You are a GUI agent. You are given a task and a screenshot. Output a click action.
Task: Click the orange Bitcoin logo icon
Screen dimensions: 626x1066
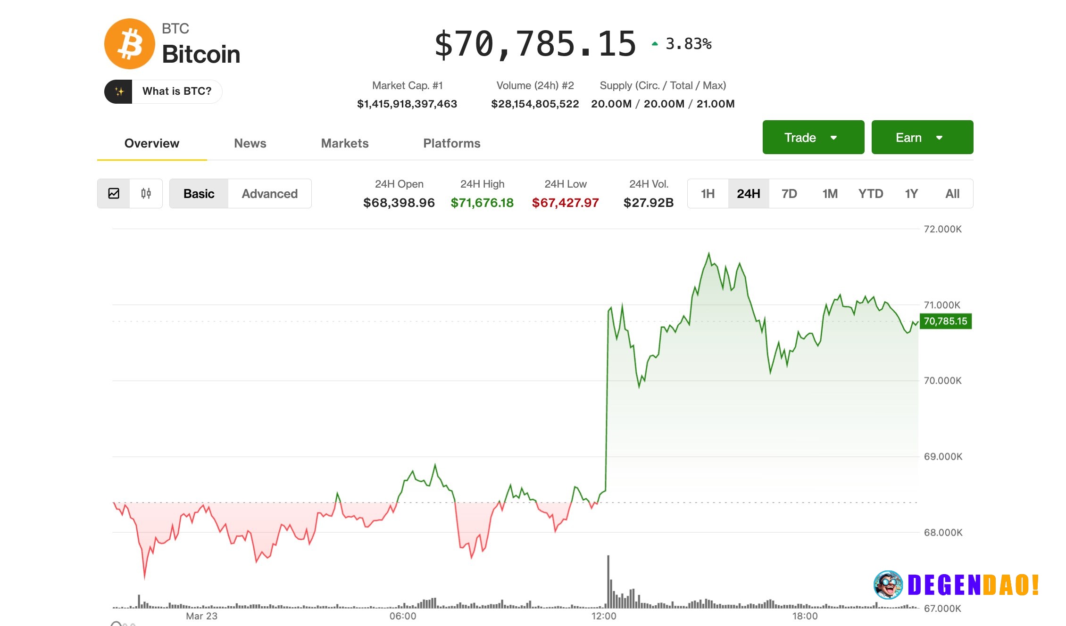(129, 44)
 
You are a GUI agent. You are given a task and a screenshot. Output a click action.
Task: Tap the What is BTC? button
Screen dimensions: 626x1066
(163, 91)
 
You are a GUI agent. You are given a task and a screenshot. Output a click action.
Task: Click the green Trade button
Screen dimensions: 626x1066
(813, 137)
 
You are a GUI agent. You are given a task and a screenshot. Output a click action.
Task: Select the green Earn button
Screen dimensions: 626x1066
(922, 137)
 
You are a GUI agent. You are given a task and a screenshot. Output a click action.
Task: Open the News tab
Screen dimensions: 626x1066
(250, 143)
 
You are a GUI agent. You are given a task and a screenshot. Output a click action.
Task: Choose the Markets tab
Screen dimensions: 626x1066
(344, 143)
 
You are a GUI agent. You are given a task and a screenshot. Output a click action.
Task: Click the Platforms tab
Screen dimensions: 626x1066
(451, 143)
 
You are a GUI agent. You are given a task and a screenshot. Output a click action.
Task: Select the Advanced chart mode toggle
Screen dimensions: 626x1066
(269, 194)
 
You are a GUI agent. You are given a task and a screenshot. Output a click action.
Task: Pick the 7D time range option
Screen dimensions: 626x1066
(789, 194)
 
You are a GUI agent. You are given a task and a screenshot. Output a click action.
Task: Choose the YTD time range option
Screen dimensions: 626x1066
(870, 194)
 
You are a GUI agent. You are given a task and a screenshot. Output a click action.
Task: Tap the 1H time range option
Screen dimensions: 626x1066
(708, 194)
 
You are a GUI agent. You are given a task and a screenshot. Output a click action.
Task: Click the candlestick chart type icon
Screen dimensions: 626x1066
(146, 193)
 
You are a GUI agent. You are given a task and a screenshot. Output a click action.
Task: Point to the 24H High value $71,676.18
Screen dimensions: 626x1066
(482, 203)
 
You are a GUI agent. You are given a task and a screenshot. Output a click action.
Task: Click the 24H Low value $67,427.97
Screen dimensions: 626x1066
(565, 203)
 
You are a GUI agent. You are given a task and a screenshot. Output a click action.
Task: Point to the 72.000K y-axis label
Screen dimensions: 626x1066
(942, 229)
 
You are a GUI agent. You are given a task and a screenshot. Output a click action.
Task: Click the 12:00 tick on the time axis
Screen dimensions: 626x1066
(604, 616)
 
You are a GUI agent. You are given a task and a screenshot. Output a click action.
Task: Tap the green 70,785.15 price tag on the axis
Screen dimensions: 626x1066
(945, 321)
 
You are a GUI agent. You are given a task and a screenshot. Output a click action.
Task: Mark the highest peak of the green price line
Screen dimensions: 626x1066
(708, 254)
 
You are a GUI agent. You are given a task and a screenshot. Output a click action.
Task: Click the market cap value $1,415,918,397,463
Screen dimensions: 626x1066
(407, 104)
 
